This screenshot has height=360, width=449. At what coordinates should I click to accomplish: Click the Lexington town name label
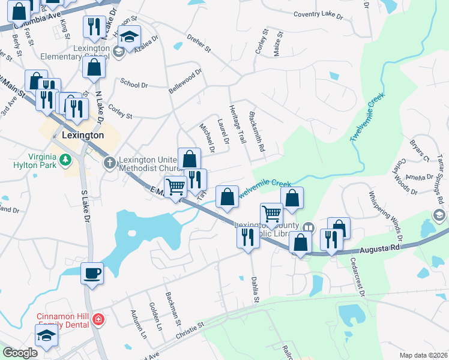tap(83, 136)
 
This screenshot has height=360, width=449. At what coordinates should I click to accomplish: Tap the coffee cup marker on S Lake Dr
tap(92, 274)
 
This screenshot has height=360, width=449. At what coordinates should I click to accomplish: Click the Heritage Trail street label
tap(238, 124)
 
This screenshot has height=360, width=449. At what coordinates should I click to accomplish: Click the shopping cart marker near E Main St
tap(175, 186)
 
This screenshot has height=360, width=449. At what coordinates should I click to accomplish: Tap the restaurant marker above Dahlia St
tap(249, 237)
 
